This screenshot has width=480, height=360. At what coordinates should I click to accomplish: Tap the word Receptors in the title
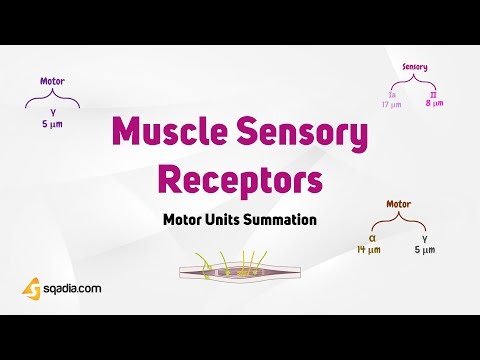240,181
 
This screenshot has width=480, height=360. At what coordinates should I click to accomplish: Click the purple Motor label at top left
52,81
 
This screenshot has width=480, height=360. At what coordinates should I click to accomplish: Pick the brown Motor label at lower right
398,204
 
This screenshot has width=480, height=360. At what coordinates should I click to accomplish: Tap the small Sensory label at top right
414,67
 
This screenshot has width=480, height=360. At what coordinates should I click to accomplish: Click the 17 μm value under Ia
390,103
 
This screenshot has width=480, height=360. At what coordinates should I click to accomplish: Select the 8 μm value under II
435,103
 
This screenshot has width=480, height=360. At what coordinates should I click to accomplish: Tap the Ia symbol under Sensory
390,92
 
